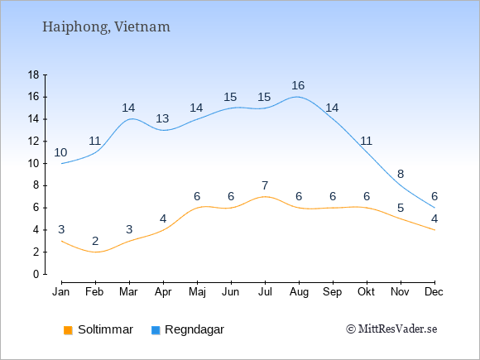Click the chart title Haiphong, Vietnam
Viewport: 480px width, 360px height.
(106, 27)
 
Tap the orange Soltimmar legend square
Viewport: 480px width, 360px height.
(68, 330)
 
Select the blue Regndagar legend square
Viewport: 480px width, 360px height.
(156, 330)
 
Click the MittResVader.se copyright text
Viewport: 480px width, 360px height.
(391, 329)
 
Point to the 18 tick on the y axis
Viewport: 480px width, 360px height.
(33, 74)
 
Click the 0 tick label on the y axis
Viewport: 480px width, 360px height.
(36, 274)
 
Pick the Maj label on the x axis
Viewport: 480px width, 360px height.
(197, 292)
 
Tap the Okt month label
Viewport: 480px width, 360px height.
(366, 292)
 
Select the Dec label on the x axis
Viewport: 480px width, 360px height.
(434, 292)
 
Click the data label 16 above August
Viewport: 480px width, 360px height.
(298, 85)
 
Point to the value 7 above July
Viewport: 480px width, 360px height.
(265, 185)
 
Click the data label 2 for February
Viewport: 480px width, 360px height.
(95, 241)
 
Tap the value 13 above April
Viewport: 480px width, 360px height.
(162, 118)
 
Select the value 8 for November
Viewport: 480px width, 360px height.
(401, 174)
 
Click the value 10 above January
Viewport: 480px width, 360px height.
(60, 152)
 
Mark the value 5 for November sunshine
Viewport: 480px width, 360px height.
(401, 208)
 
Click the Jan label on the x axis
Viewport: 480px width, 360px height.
(60, 292)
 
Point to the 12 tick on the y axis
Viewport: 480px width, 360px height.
(33, 142)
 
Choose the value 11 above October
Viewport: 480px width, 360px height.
(366, 141)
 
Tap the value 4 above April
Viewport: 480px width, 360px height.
(163, 218)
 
